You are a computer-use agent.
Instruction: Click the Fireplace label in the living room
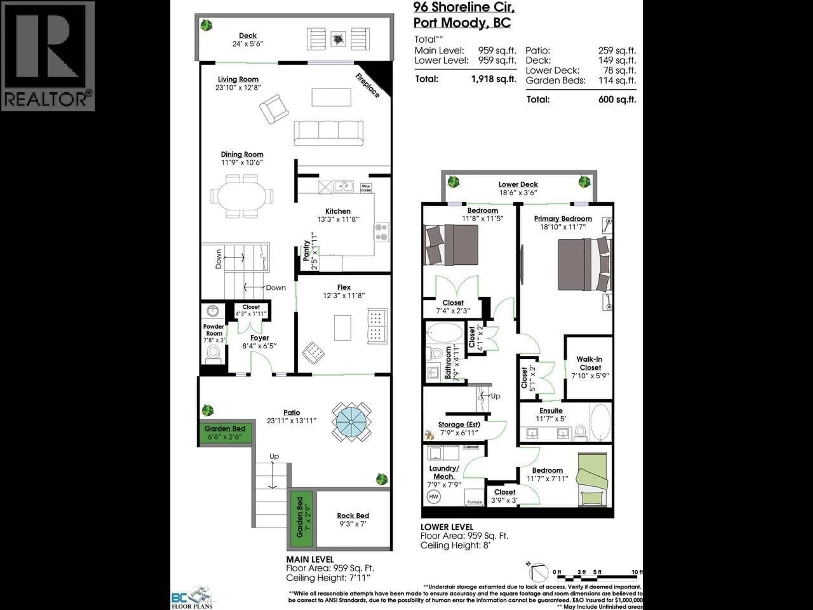tap(367, 86)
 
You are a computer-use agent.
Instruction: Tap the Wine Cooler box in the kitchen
tap(366, 187)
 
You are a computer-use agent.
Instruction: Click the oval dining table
tap(242, 196)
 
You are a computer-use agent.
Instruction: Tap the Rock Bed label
tap(353, 516)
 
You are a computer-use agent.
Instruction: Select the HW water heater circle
tap(434, 497)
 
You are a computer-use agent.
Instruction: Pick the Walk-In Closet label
tap(590, 363)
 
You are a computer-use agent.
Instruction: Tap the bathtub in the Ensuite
tap(600, 422)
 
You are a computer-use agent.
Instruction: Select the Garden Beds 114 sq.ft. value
tap(617, 80)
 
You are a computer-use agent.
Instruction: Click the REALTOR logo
tap(48, 56)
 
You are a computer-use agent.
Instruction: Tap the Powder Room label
tap(214, 330)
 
